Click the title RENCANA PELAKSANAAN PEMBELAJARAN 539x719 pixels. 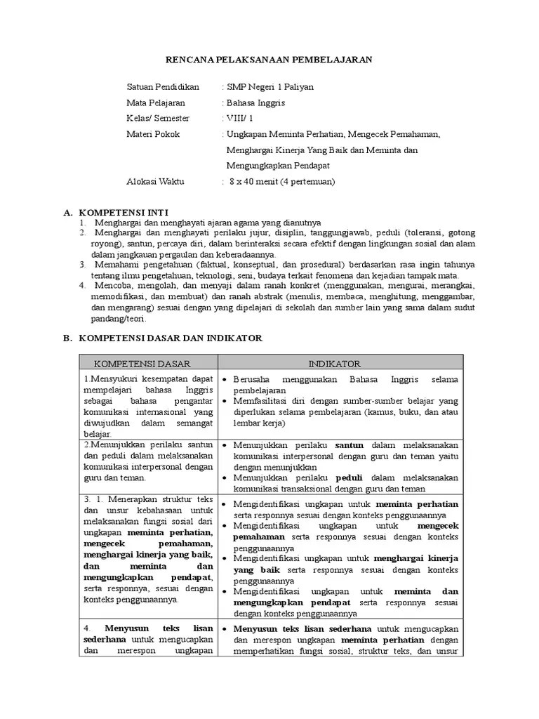pyautogui.click(x=269, y=60)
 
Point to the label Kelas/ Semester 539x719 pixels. pyautogui.click(x=158, y=118)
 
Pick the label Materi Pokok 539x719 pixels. pyautogui.click(x=152, y=134)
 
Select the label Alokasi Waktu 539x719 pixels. pyautogui.click(x=155, y=181)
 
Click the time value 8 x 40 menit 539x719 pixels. pyautogui.click(x=256, y=181)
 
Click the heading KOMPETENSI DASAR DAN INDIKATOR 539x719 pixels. pyautogui.click(x=171, y=338)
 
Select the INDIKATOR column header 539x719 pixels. pyautogui.click(x=335, y=364)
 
